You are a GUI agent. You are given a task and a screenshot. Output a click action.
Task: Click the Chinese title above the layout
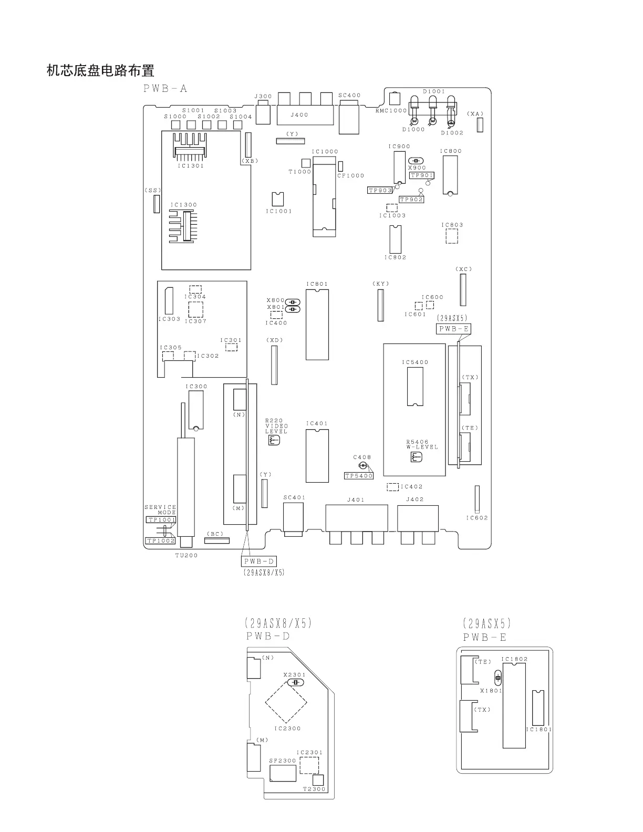100,70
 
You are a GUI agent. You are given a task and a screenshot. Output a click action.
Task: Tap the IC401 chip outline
317,455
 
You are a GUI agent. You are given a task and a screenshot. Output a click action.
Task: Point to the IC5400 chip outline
414,387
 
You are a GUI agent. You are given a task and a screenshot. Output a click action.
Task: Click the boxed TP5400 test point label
358,476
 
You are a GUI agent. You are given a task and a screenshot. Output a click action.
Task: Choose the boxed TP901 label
422,175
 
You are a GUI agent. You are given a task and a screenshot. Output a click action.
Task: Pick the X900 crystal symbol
417,161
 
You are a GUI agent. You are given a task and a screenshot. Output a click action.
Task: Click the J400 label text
299,115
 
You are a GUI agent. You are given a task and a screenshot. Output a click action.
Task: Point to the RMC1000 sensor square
396,98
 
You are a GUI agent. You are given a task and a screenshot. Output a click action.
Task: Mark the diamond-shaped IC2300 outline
286,702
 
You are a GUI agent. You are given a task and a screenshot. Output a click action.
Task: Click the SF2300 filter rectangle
283,773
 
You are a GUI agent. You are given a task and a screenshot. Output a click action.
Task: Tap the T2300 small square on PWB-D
318,780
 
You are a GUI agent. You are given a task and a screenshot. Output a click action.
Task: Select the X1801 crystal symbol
498,677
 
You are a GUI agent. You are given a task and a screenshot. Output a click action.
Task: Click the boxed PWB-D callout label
258,561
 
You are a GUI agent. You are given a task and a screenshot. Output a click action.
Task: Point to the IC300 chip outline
195,409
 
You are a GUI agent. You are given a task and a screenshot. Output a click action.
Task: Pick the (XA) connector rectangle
480,124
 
